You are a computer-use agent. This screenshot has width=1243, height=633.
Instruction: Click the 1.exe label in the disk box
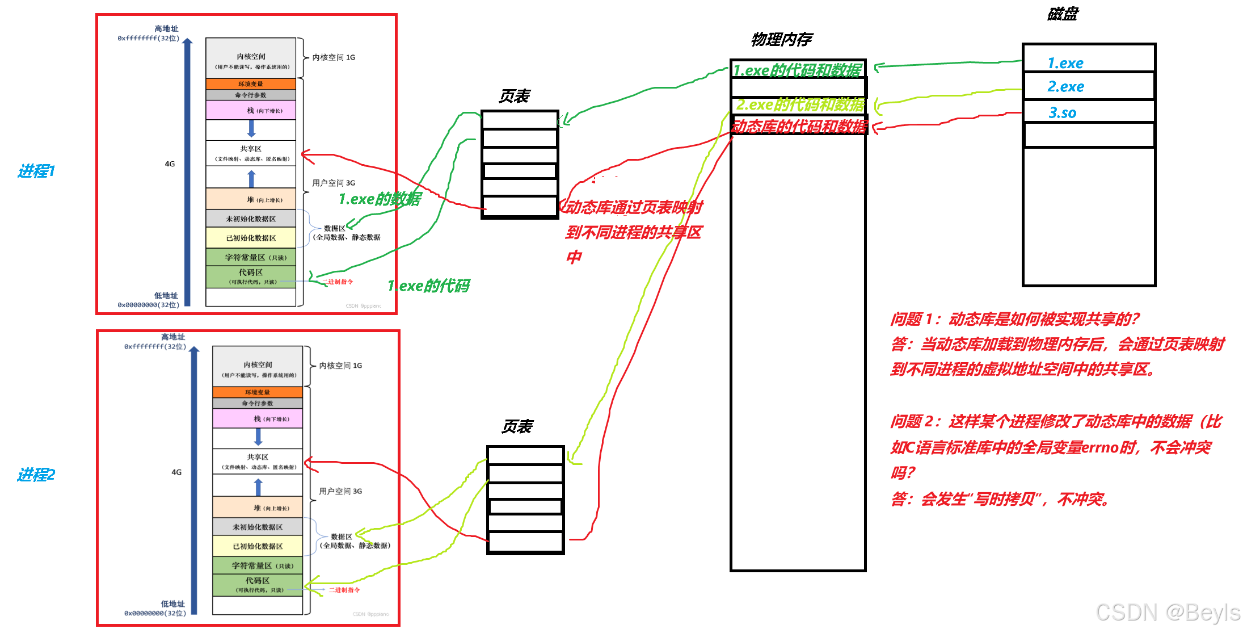[x=1065, y=63]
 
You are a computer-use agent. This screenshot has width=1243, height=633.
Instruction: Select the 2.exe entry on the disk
[x=1065, y=87]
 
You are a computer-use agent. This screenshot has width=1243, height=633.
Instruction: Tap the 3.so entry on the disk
[x=1062, y=113]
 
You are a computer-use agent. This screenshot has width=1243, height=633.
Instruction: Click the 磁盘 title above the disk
[x=1062, y=14]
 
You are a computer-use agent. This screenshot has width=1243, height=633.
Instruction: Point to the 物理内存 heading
[x=781, y=39]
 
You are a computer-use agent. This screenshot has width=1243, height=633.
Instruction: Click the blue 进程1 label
[x=36, y=171]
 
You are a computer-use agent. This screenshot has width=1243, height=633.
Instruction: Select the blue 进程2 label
[x=36, y=475]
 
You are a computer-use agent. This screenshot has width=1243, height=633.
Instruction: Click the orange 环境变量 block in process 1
[x=251, y=84]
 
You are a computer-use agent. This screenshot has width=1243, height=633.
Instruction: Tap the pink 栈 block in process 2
[x=258, y=418]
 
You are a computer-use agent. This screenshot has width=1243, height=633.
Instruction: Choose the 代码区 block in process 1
[x=251, y=276]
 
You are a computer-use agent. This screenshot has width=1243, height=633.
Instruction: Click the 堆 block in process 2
[x=258, y=508]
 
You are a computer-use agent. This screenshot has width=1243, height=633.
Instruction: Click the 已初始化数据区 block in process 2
[x=258, y=546]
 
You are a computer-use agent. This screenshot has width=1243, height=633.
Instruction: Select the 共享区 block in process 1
[x=251, y=153]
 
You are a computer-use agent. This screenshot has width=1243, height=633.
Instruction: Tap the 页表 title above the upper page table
[x=514, y=97]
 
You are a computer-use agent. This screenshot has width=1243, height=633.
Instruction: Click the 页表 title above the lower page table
[x=517, y=427]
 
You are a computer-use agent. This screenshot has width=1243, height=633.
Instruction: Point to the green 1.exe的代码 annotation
[x=429, y=286]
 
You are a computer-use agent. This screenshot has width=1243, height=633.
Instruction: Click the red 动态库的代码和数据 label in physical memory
[x=799, y=126]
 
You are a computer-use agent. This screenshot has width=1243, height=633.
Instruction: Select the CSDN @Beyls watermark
[x=1168, y=613]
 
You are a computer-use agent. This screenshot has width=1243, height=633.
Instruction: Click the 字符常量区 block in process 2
[x=258, y=565]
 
